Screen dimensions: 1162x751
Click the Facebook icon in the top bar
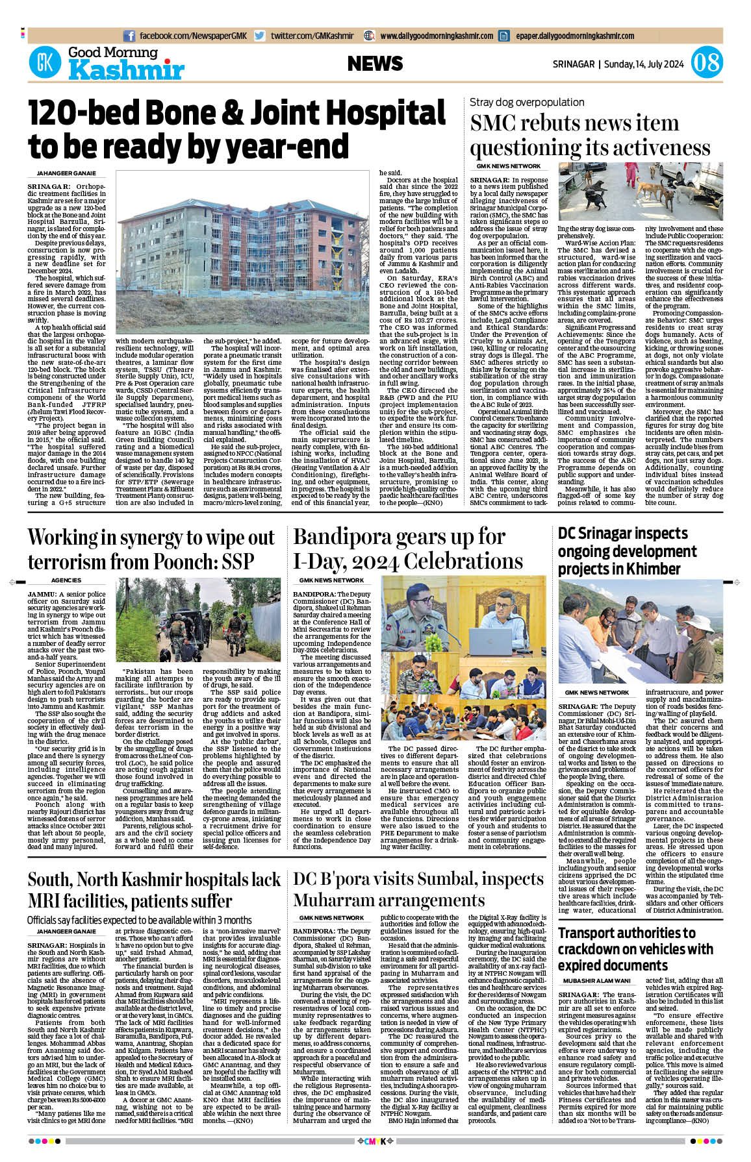[129, 36]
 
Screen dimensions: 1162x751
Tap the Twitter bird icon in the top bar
[259, 36]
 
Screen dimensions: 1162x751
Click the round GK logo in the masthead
[45, 63]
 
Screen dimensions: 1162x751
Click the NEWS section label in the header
[375, 64]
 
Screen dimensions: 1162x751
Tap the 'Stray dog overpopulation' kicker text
[527, 102]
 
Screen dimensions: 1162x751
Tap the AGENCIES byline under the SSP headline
[66, 580]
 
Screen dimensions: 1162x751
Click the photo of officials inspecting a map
[640, 631]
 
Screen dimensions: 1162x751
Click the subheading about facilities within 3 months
[139, 920]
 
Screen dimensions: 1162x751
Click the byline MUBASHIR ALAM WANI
[596, 981]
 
